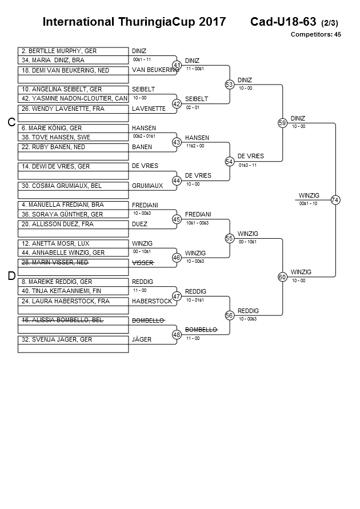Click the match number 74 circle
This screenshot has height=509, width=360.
click(335, 200)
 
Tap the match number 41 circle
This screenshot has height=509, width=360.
click(177, 65)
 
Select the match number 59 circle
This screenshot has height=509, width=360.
click(282, 123)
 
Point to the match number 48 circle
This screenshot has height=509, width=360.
click(177, 335)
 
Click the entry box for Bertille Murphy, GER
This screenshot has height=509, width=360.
click(73, 51)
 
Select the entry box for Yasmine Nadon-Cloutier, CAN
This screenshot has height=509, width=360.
click(73, 99)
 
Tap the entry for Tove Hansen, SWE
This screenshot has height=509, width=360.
click(73, 137)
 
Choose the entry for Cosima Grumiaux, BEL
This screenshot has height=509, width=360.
click(73, 186)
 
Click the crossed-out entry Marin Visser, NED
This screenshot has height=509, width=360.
click(73, 262)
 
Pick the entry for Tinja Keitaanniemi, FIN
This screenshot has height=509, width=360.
click(73, 291)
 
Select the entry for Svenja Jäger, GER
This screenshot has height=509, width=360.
click(73, 339)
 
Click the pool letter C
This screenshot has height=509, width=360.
click(11, 122)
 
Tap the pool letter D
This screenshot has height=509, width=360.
click(11, 276)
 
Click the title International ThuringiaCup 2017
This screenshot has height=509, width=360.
click(130, 22)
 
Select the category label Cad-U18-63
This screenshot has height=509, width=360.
click(283, 22)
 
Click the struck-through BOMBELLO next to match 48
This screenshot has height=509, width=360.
click(201, 330)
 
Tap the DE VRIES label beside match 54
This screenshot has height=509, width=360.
click(250, 156)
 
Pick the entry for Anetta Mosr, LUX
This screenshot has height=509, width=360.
click(73, 243)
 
